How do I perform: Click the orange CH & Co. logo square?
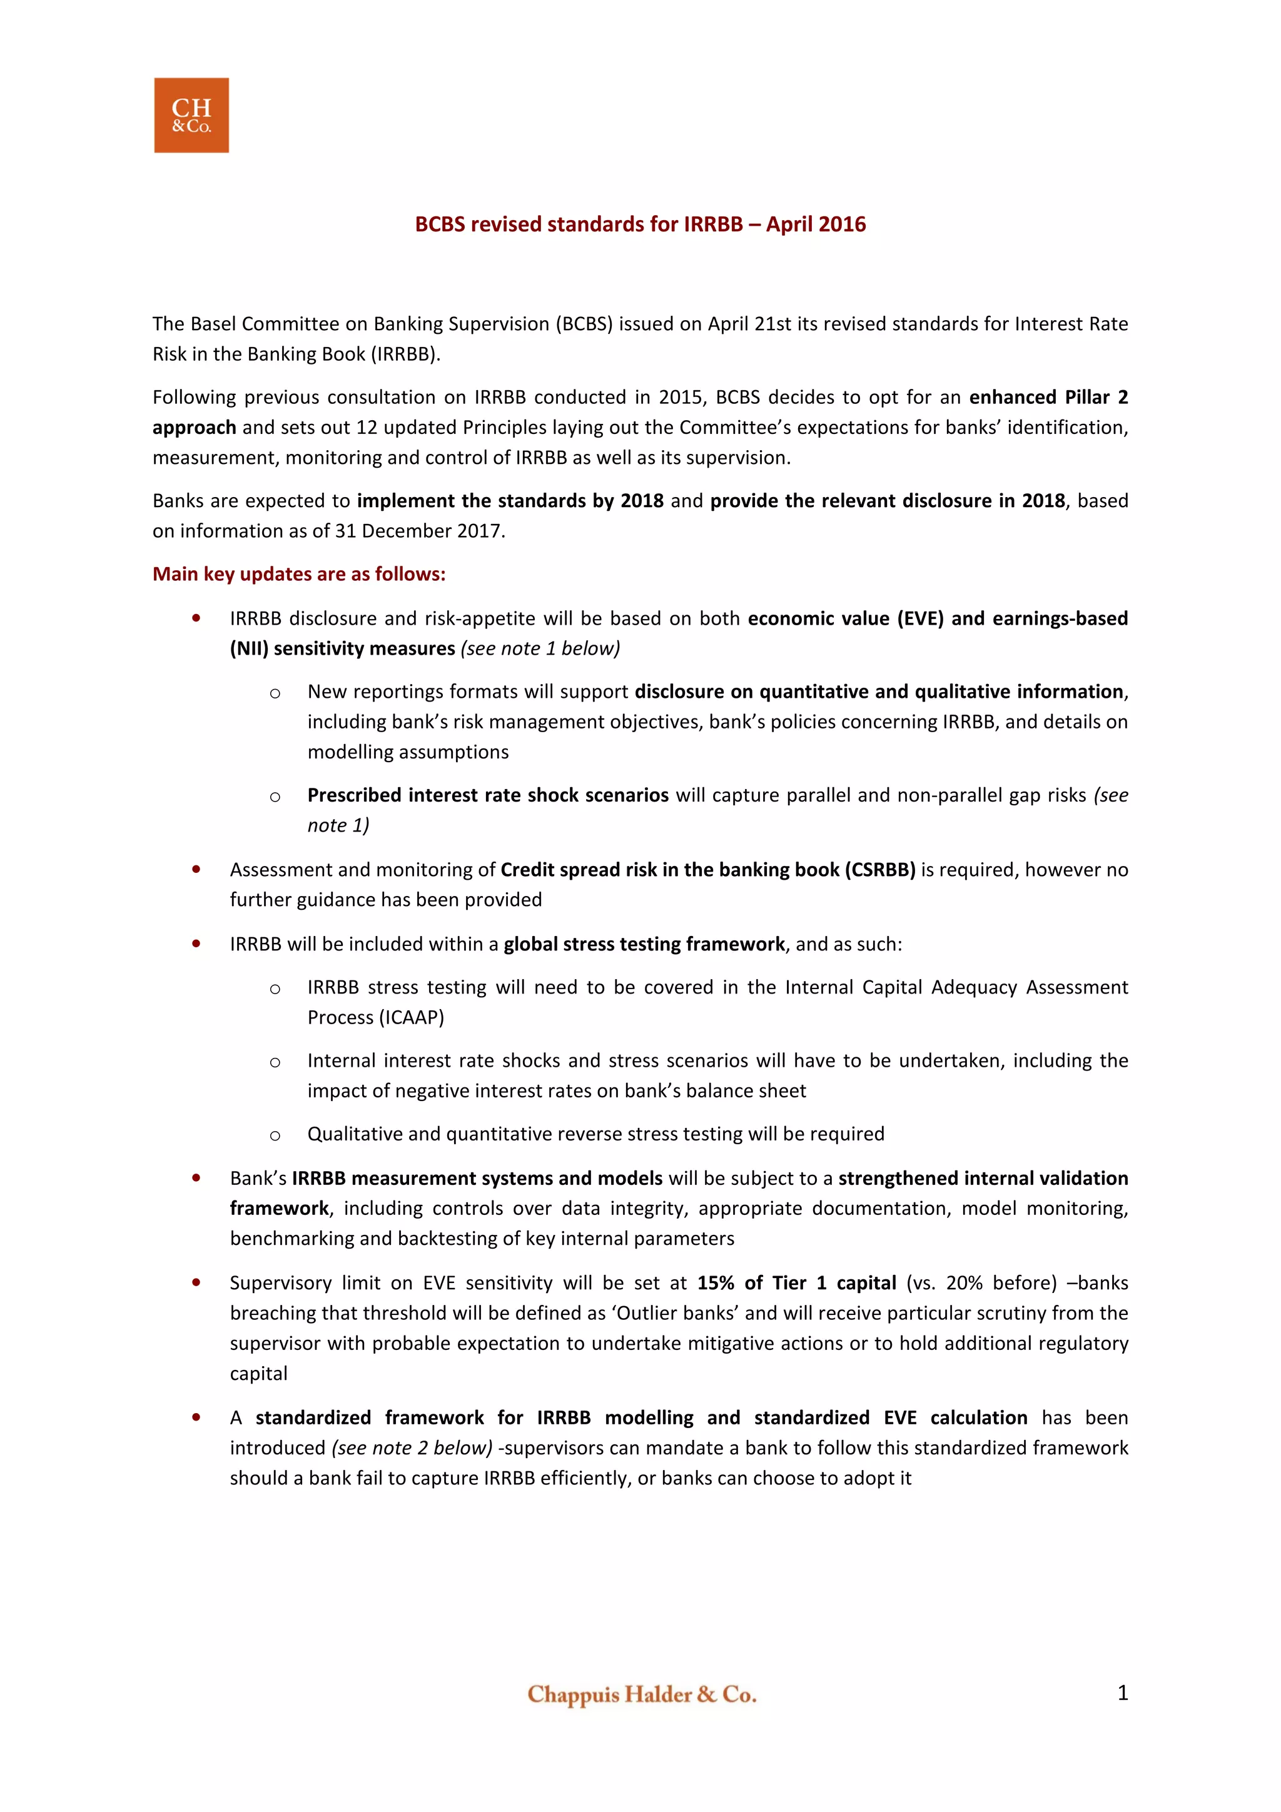pos(191,115)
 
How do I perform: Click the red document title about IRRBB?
pos(640,225)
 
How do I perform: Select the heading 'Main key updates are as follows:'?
pos(298,575)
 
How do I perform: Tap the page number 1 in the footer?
pos(1122,1692)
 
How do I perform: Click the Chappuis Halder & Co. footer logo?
pos(641,1694)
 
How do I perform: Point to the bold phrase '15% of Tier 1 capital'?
pos(796,1283)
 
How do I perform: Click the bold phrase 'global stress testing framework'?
pos(644,945)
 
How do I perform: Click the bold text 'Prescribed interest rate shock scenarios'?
pos(488,795)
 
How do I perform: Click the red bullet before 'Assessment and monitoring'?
pos(196,870)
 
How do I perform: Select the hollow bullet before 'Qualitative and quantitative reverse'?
pos(275,1135)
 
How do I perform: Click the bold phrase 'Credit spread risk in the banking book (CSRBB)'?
pos(707,870)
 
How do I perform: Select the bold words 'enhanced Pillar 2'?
pos(1048,397)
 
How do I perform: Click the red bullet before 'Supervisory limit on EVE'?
pos(196,1283)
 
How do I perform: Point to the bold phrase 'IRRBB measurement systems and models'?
pos(477,1178)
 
